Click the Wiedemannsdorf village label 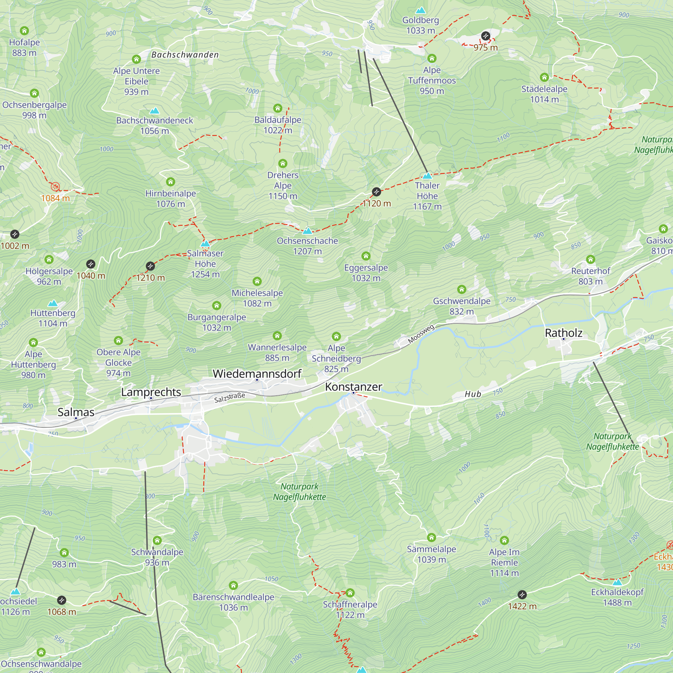coord(257,374)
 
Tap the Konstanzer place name coord(353,387)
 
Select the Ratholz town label coord(563,333)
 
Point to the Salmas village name coord(76,412)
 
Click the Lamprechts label coord(151,392)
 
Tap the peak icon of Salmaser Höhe coord(205,243)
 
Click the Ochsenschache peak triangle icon coord(307,231)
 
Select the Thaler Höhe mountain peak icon coord(427,176)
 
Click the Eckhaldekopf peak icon coord(617,582)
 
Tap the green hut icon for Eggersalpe coord(366,256)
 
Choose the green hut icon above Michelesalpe coord(257,281)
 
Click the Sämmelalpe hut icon coord(431,537)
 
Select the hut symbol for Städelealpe coord(544,77)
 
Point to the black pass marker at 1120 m coord(376,191)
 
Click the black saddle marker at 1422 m coord(522,595)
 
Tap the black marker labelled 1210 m coord(150,266)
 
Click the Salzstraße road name coord(229,397)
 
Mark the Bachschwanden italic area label coord(185,55)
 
